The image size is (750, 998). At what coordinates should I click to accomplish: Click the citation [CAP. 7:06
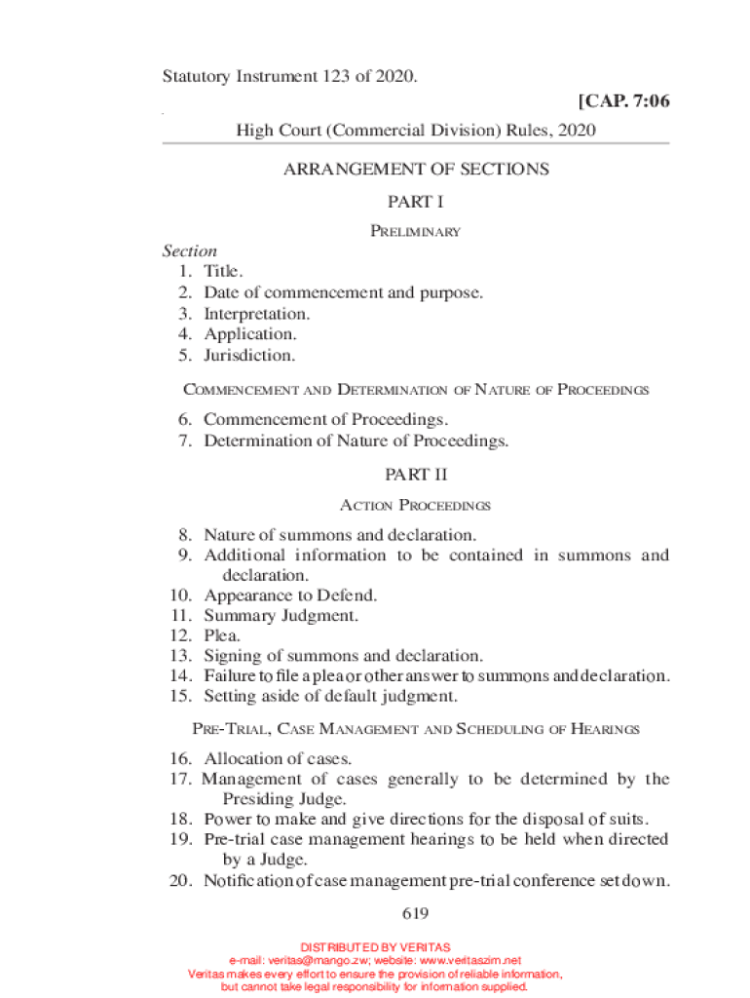[x=623, y=100]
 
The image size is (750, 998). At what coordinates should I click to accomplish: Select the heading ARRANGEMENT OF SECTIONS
[x=416, y=169]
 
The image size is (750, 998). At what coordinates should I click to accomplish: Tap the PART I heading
[x=416, y=202]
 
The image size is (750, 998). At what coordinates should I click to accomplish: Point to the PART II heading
[x=416, y=475]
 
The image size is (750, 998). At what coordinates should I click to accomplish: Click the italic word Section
[x=190, y=250]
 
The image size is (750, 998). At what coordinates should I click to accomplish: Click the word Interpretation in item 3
[x=257, y=313]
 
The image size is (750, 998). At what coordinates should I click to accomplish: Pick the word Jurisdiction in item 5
[x=249, y=355]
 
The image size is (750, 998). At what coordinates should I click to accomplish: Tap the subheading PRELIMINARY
[x=416, y=232]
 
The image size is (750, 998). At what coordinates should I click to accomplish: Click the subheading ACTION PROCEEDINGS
[x=416, y=506]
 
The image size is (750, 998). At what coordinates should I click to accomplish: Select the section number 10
[x=182, y=595]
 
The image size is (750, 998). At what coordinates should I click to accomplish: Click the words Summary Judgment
[x=281, y=615]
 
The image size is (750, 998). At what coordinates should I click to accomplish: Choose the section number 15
[x=182, y=696]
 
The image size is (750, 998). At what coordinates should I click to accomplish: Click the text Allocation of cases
[x=278, y=758]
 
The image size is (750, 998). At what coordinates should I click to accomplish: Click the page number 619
[x=416, y=913]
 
